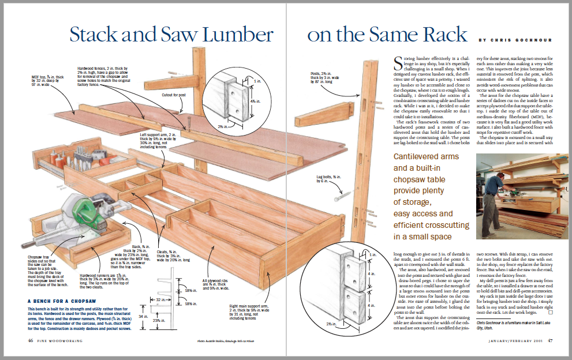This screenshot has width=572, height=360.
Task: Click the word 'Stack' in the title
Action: click(97, 34)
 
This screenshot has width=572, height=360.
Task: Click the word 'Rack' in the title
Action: click(443, 34)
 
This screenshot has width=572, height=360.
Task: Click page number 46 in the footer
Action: click(29, 341)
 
